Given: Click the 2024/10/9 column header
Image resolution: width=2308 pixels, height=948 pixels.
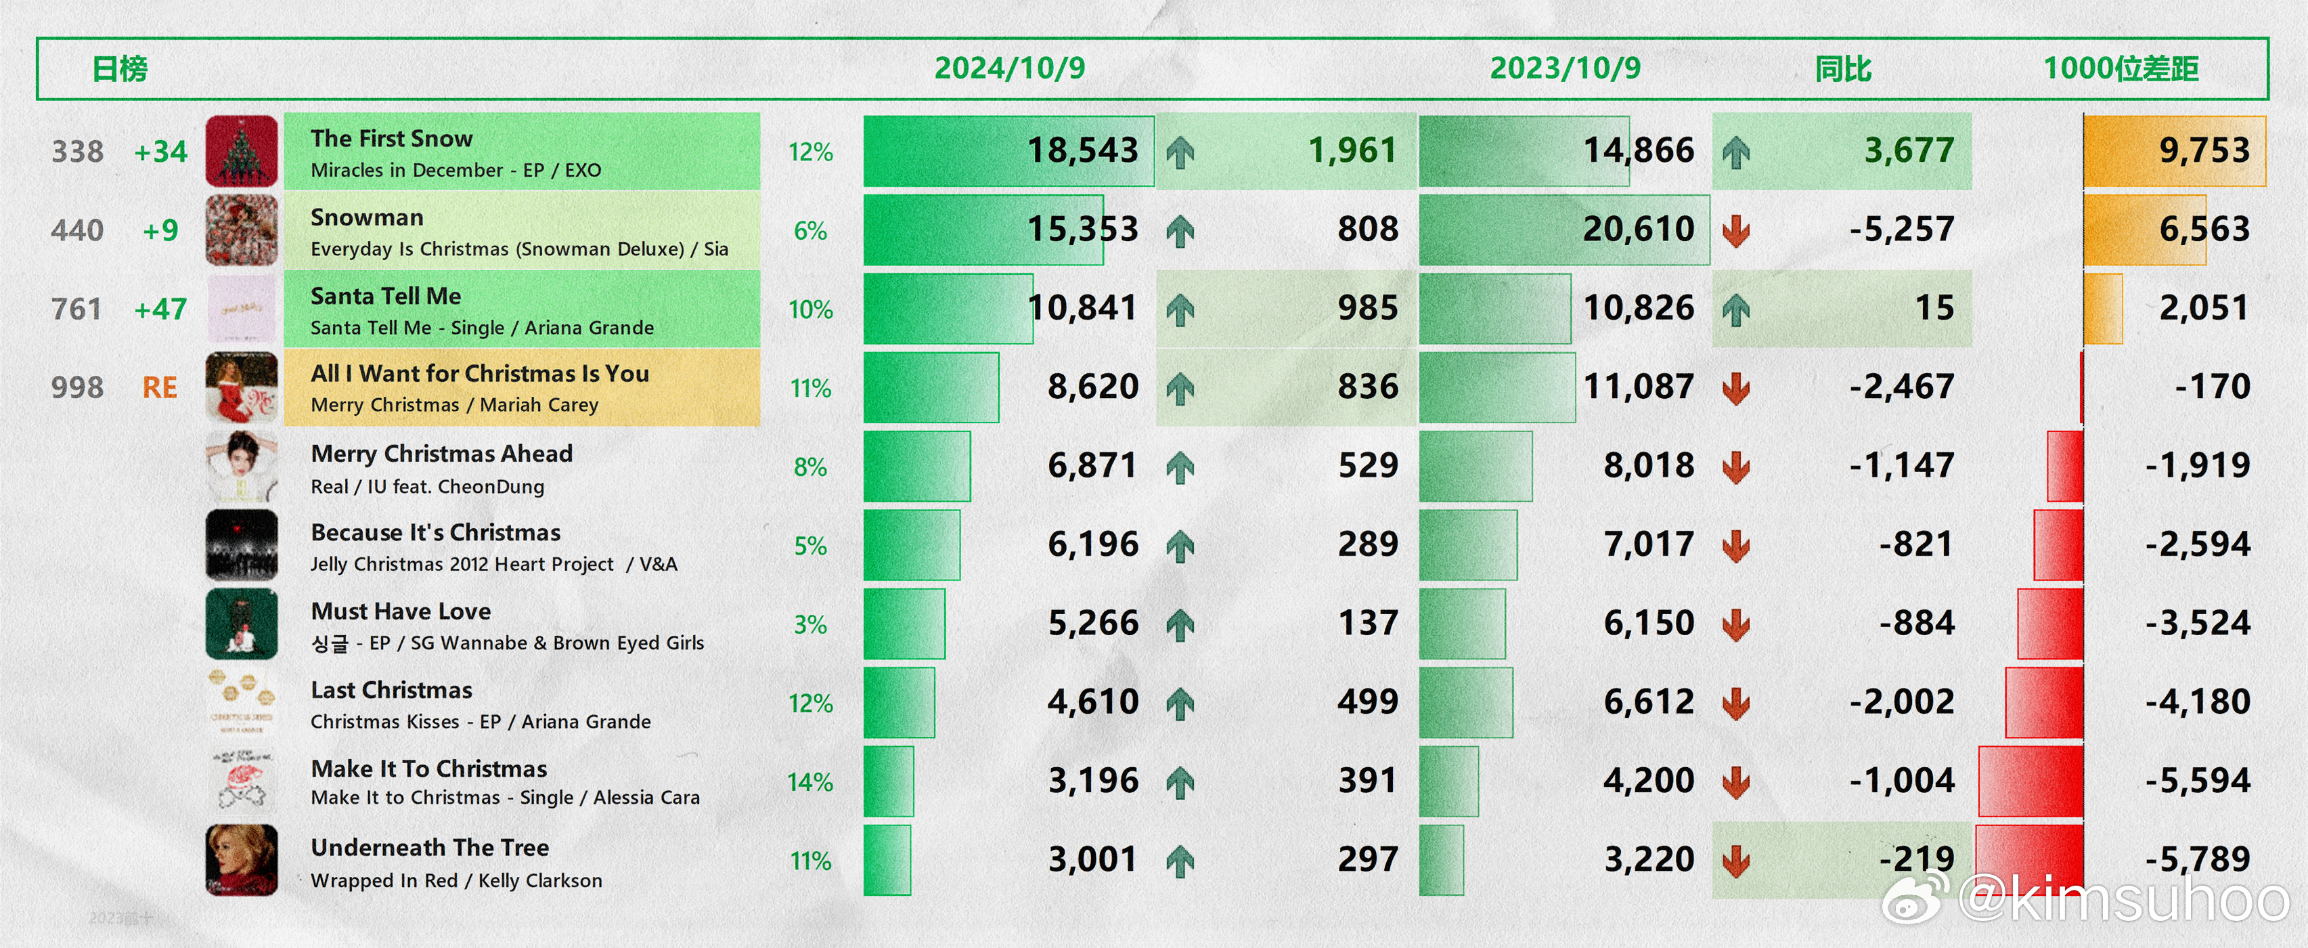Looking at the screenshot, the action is coord(1010,68).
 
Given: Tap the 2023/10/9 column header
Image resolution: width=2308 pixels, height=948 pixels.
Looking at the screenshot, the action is coord(1566,68).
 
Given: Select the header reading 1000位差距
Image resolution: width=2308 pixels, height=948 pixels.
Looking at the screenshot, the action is coord(2121,68).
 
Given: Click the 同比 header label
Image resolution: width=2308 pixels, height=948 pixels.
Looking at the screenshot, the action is coord(1843,68).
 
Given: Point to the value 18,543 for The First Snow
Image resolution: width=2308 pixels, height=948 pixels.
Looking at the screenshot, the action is coord(1082,150).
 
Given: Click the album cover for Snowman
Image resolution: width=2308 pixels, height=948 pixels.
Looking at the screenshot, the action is coord(242,230).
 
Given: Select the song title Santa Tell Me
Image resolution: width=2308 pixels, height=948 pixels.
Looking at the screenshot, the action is coord(386,296).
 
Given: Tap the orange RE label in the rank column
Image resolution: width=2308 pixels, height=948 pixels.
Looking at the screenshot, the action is coord(160,387).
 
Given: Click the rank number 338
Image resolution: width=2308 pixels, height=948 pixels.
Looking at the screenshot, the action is coord(77,152).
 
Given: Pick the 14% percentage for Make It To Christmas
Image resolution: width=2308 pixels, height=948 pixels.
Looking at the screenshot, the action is coord(810,782).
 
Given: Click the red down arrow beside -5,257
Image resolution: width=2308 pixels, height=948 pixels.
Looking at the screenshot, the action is coord(1735,230).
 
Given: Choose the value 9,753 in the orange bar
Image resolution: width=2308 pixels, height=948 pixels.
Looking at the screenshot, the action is coord(2204,150).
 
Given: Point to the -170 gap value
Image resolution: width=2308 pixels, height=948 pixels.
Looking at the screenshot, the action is coord(2212,387).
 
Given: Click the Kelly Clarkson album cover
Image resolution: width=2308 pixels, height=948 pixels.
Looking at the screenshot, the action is coord(242,860).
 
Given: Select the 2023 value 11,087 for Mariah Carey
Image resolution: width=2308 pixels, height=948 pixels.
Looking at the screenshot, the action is coord(1639,387).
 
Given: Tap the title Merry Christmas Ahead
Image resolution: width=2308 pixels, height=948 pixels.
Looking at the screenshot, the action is coord(442,454).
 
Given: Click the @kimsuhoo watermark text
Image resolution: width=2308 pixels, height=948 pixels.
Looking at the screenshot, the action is coord(2123,899).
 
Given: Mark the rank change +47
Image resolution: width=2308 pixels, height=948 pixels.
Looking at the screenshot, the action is coord(160,309).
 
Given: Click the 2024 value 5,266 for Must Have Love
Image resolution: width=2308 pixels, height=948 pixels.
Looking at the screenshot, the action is coord(1093,624).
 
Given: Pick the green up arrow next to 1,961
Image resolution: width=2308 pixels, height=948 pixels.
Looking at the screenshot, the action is coord(1180,152).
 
